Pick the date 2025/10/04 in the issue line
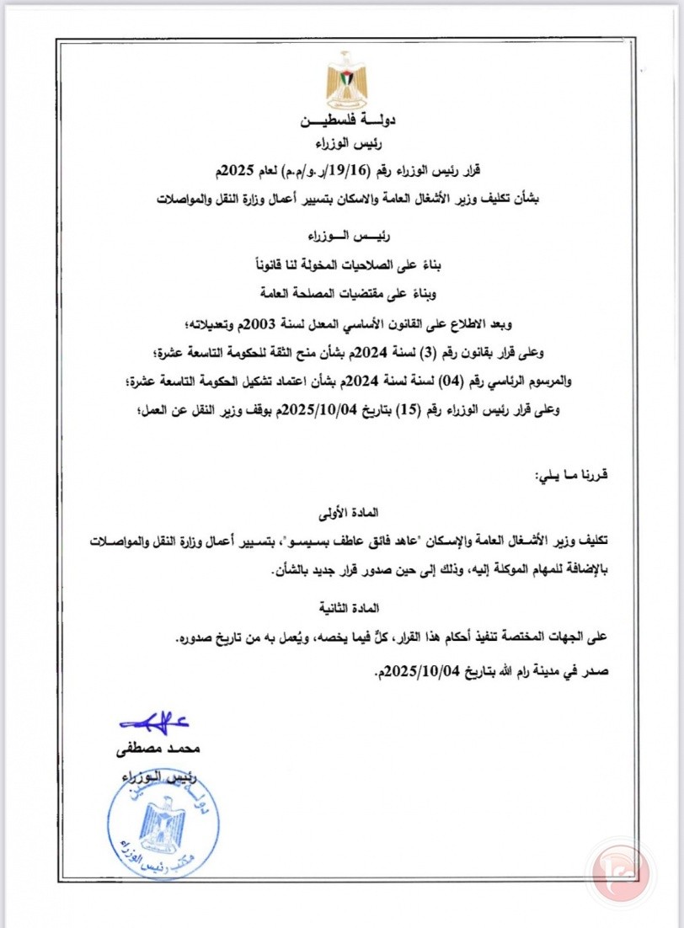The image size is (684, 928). point(403,672)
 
